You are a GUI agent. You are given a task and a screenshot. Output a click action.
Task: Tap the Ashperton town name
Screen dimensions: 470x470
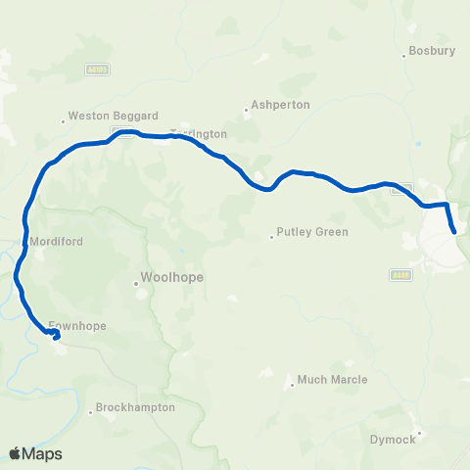(x=280, y=104)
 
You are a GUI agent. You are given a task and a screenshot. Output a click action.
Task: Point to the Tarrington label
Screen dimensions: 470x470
(x=199, y=133)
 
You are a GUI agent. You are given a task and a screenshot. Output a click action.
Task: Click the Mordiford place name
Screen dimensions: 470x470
(x=56, y=241)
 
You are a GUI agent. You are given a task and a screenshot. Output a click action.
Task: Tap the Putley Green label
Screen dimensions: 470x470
(x=312, y=232)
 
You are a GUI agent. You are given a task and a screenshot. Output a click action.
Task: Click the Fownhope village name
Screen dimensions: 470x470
(x=78, y=325)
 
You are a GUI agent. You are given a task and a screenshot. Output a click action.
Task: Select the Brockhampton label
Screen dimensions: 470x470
(x=135, y=406)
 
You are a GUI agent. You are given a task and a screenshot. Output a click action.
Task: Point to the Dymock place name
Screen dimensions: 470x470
(x=393, y=439)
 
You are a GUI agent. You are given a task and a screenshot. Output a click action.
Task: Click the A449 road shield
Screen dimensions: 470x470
(x=399, y=274)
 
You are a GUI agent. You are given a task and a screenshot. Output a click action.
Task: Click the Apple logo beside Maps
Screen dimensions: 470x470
(x=16, y=453)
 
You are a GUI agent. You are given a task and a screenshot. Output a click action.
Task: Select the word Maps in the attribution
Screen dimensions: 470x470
(x=43, y=453)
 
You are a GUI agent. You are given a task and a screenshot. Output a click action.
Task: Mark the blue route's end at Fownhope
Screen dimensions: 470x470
(x=56, y=338)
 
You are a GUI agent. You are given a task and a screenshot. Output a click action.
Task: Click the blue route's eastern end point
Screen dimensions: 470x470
(x=454, y=231)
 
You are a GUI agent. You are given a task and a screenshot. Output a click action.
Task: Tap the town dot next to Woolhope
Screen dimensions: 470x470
(x=137, y=285)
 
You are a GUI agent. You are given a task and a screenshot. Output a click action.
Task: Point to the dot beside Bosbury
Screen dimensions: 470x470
(x=404, y=54)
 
